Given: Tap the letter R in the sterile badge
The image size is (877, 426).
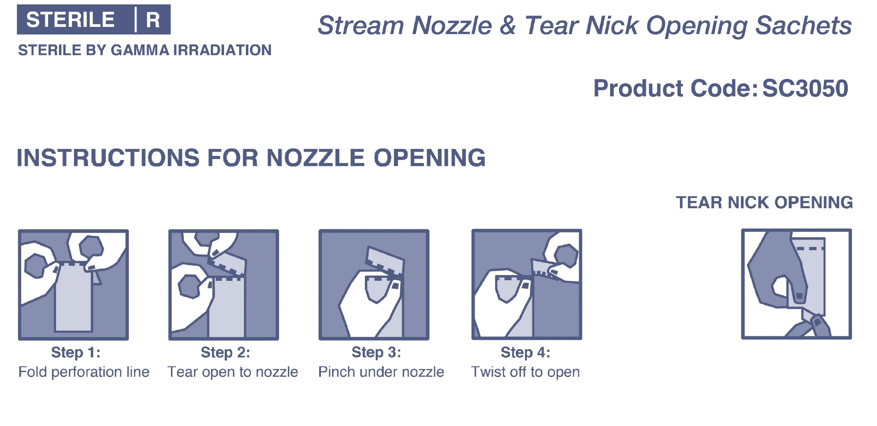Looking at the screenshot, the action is [153, 20].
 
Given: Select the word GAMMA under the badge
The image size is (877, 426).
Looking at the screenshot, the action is [140, 50].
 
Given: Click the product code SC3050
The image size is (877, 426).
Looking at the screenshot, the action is [805, 88].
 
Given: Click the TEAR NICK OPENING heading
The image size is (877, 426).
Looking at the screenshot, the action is [764, 203].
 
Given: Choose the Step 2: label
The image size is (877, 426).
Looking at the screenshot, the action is [225, 353].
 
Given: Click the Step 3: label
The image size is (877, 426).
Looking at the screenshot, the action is [376, 353].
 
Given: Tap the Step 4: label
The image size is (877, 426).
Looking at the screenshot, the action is [525, 353].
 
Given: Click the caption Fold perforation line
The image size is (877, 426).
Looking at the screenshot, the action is [84, 372].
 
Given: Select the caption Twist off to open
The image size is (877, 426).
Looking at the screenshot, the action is [525, 372].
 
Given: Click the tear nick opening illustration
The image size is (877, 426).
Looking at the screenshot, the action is [796, 284].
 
